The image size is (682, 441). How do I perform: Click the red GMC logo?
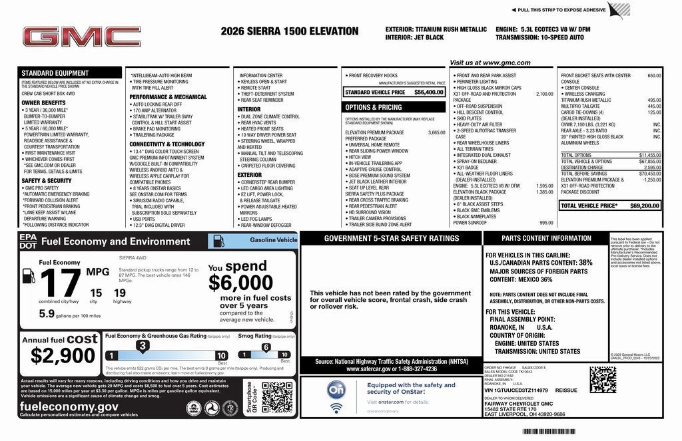click(x=81, y=37)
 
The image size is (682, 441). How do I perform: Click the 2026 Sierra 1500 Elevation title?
click(x=292, y=31)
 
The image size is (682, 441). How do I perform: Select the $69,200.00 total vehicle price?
click(x=645, y=206)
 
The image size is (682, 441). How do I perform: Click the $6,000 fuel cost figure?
click(x=240, y=283)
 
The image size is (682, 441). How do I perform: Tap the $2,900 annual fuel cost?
click(x=59, y=356)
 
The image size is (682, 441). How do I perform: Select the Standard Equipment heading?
click(x=55, y=73)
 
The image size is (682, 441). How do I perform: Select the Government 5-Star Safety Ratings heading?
click(x=391, y=238)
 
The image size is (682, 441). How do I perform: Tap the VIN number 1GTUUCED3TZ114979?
click(x=523, y=390)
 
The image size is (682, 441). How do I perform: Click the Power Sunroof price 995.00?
click(x=546, y=223)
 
